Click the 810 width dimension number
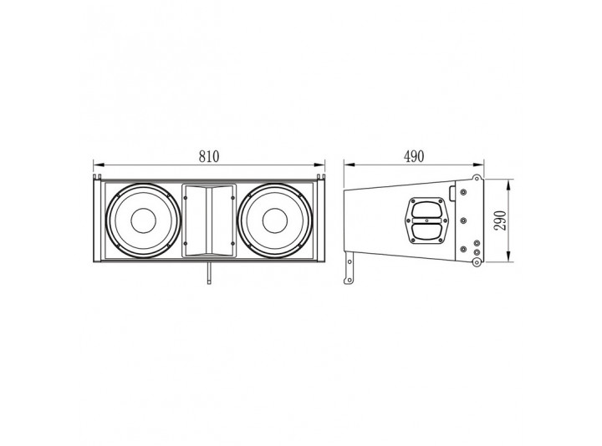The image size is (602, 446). click(x=209, y=156)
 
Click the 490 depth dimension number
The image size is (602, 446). click(x=414, y=156)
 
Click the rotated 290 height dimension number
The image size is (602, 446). click(x=500, y=220)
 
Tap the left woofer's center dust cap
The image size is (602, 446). click(x=143, y=220)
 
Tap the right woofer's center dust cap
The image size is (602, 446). click(x=275, y=220)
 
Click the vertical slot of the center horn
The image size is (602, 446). click(x=209, y=220)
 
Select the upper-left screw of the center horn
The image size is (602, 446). click(x=185, y=198)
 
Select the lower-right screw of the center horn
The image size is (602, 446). click(x=233, y=243)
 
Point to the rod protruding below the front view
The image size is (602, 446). click(x=209, y=273)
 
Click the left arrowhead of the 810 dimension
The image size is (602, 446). click(x=99, y=165)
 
